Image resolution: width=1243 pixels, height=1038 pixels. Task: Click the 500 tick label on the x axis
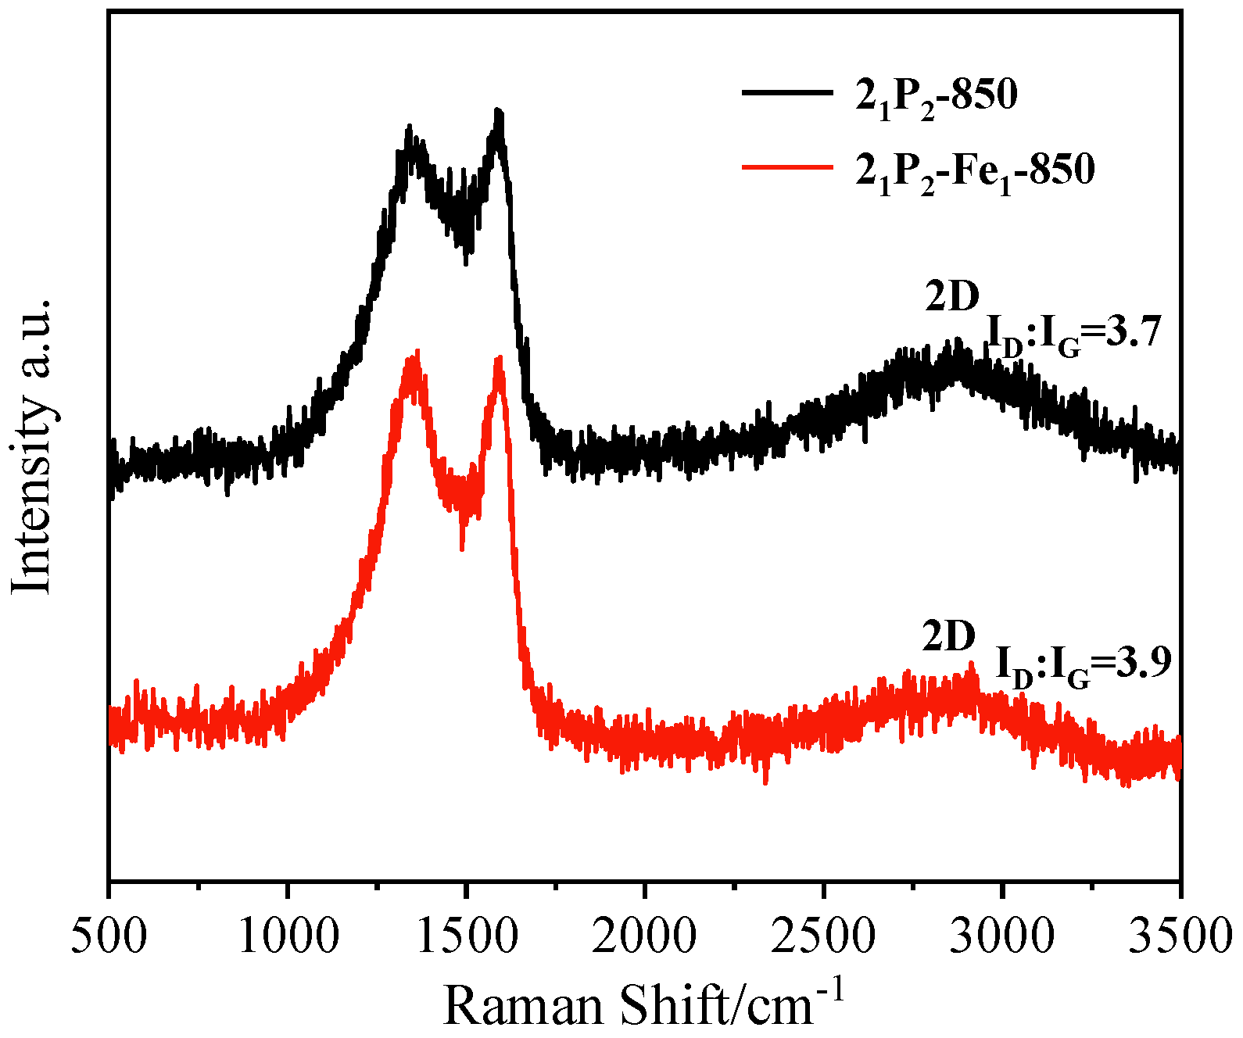109,936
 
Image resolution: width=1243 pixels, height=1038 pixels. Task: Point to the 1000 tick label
288,936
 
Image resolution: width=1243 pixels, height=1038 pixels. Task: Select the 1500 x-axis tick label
467,936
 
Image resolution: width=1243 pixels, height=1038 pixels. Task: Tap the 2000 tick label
644,936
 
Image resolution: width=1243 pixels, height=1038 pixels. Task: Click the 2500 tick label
823,936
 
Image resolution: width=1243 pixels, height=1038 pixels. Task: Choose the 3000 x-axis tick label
1001,936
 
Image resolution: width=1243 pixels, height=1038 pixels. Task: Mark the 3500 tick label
1179,936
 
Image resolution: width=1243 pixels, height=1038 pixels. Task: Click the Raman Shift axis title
643,1004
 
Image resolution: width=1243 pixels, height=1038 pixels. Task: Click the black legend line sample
786,93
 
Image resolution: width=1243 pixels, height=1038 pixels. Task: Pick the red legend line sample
786,166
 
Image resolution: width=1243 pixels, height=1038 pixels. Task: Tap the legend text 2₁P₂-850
937,97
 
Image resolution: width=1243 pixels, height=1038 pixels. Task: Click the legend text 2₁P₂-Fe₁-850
975,170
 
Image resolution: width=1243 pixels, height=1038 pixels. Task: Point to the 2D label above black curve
951,297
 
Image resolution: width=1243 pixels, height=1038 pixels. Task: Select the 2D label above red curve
949,637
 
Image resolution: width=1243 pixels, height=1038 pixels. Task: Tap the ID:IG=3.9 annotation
1084,667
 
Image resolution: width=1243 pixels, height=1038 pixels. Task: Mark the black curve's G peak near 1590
498,115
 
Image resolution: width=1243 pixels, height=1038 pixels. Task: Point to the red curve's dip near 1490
462,547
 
